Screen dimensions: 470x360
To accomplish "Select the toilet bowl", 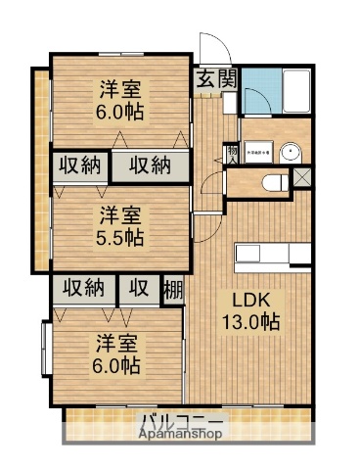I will click(x=275, y=182).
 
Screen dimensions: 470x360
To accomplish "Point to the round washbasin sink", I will click(x=291, y=151).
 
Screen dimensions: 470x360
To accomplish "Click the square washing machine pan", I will click(x=258, y=152).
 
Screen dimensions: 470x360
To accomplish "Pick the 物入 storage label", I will click(x=232, y=153).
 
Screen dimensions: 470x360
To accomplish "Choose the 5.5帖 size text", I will click(x=120, y=236).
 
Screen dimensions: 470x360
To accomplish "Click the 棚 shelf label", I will click(x=172, y=289).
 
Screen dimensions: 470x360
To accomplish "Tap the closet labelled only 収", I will click(x=140, y=289).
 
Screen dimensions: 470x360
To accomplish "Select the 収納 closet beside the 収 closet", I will click(x=84, y=289).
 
